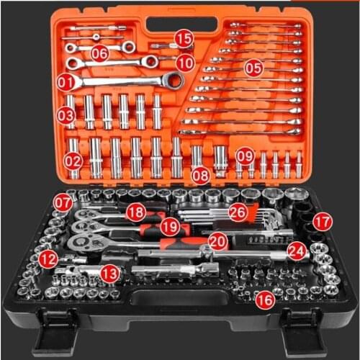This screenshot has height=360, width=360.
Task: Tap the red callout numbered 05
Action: point(253,68)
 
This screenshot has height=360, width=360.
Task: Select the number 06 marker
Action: point(99,53)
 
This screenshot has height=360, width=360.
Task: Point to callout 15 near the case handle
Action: point(184,38)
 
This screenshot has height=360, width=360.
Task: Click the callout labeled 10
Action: point(185,62)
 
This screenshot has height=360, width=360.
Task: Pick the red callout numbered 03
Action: point(66,114)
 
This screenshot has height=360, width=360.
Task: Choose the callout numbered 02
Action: point(73,163)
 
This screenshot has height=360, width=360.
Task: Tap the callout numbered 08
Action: point(201,174)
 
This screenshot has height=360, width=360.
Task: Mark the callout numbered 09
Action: point(246,156)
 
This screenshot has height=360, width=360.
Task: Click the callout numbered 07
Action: point(63,203)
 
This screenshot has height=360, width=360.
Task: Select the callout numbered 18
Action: point(135,212)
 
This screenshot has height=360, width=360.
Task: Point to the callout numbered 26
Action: point(238,212)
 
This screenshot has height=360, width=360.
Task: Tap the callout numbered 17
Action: point(323,222)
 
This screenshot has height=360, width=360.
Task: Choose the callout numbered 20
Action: point(217,241)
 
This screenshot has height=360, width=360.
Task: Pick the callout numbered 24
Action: point(296,251)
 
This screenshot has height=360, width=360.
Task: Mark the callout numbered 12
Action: point(48,258)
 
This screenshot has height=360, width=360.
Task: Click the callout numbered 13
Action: point(109,274)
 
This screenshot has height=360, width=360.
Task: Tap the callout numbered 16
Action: point(265,300)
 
